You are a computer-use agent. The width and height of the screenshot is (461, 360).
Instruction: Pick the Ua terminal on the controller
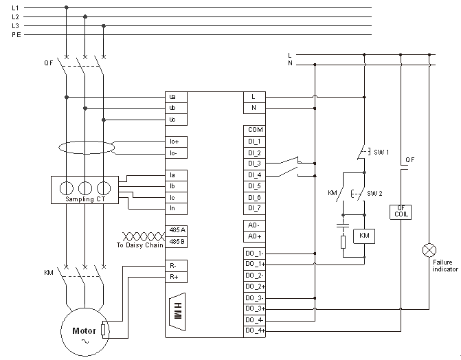[176, 97]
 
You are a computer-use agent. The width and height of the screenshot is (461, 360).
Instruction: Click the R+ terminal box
[176, 276]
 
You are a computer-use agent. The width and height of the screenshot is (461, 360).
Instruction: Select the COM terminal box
[255, 130]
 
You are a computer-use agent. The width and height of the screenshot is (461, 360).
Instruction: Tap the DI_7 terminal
[255, 208]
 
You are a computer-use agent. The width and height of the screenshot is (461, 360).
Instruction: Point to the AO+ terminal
[255, 236]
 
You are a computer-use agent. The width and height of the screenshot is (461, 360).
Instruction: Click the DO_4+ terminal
[255, 331]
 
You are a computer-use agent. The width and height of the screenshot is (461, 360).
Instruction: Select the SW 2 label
[374, 193]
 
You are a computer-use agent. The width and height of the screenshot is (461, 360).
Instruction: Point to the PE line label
[16, 34]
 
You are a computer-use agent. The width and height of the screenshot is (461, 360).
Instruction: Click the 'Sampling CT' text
[85, 199]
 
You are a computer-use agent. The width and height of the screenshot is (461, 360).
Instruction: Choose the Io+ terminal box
[176, 142]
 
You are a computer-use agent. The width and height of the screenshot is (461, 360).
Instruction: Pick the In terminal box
[176, 208]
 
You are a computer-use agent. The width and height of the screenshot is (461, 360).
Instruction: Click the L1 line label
[16, 8]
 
